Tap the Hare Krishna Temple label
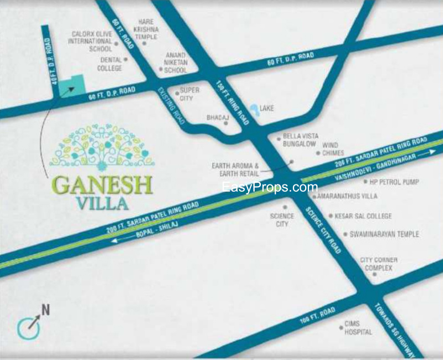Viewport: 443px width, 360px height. (146, 29)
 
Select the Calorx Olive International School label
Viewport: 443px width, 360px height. (92, 42)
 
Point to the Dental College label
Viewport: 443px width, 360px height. (110, 64)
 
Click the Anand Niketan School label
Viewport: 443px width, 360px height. (176, 63)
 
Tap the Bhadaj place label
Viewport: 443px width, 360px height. (214, 118)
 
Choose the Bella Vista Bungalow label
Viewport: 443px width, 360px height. (300, 140)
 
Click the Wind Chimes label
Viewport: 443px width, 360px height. (333, 148)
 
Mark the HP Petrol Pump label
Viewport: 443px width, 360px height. (394, 182)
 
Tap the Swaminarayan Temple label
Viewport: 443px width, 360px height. (384, 234)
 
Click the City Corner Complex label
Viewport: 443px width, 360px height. (379, 264)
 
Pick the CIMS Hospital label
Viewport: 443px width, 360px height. (358, 328)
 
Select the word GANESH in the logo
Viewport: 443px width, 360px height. (103, 183)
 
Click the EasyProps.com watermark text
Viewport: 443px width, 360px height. (270, 188)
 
